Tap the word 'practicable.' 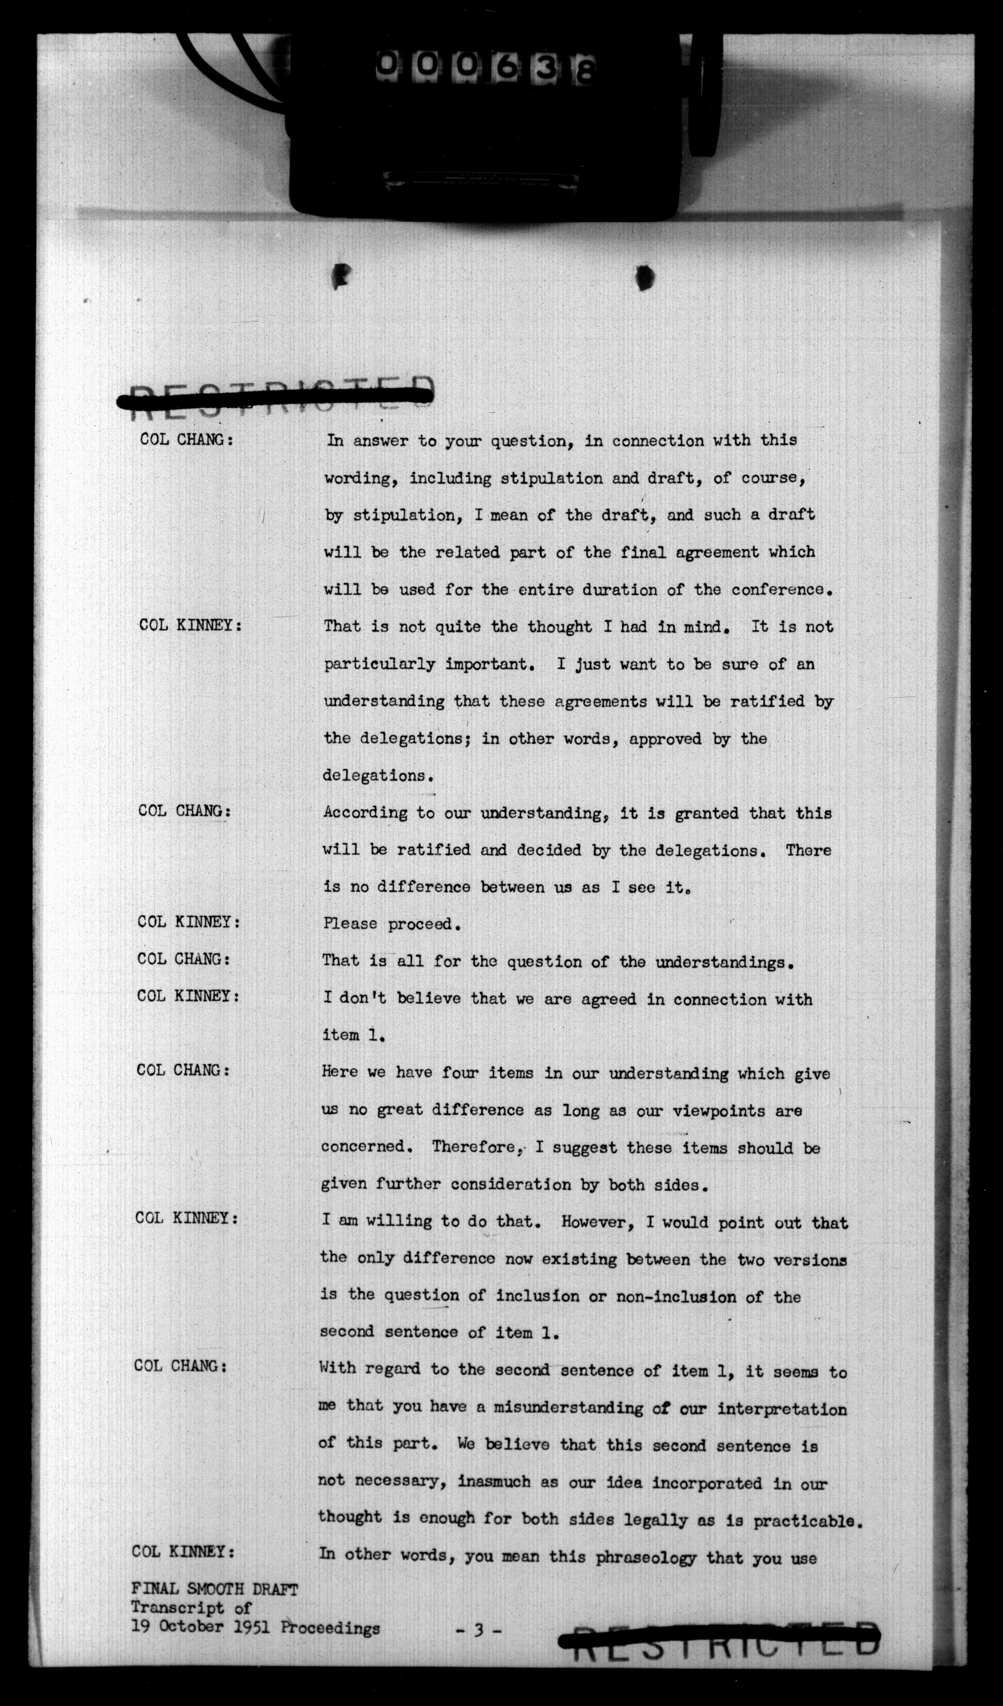pos(809,1521)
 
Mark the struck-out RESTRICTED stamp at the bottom pos(719,1635)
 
